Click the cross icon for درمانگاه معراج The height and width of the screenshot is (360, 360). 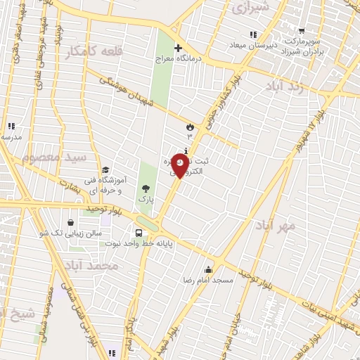tap(178, 46)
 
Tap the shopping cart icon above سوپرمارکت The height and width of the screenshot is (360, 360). tap(302, 31)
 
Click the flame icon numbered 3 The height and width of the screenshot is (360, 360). tap(189, 126)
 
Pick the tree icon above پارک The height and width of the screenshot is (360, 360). tap(146, 188)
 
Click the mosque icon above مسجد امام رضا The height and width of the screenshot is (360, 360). tap(208, 269)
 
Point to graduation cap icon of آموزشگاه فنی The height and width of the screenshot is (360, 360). tap(105, 169)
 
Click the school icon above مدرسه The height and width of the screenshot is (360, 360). tap(11, 127)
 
